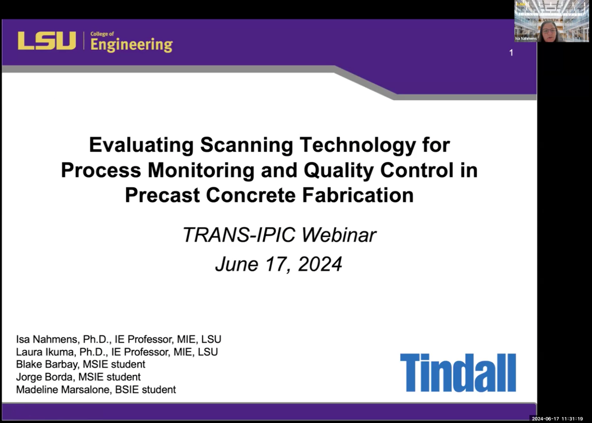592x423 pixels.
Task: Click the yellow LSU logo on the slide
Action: coord(47,40)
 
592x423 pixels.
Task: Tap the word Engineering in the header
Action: coord(132,45)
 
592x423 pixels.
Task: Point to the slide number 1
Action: coord(511,53)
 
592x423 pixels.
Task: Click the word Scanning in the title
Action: coord(246,145)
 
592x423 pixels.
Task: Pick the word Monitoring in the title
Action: coord(201,171)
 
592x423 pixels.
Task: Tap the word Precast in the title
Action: coord(162,195)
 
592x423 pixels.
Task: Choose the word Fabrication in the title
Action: coord(358,195)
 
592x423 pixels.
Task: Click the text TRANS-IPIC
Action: coord(239,235)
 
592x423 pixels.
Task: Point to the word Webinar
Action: coord(339,235)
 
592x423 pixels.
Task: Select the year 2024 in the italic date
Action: coord(320,264)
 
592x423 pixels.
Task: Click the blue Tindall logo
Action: coord(458,373)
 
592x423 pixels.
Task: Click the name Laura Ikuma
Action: coord(45,352)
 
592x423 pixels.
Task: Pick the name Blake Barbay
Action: coord(47,364)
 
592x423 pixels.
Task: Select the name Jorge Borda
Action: coord(44,377)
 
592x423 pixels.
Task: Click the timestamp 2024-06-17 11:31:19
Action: coord(557,419)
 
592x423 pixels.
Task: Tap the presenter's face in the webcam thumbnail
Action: coord(549,33)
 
